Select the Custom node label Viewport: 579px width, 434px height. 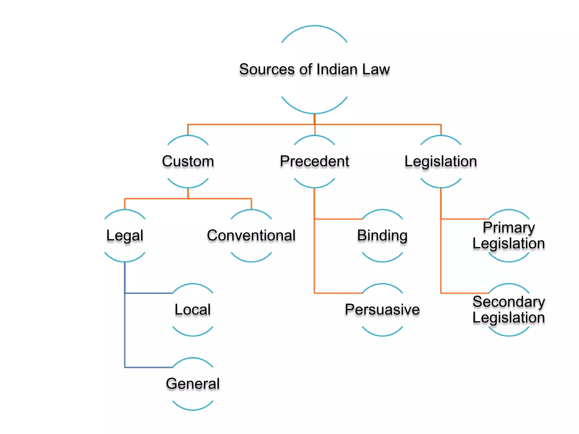188,161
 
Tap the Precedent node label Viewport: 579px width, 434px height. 314,161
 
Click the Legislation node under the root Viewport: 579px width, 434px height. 441,161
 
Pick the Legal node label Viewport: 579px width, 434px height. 125,235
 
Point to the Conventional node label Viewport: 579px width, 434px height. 251,235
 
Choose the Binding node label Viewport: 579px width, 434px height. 382,235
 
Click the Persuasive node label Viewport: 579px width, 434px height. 382,309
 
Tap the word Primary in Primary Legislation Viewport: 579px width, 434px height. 509,227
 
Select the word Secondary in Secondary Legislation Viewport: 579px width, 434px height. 509,301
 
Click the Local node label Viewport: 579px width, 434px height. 193,309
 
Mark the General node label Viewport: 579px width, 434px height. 193,384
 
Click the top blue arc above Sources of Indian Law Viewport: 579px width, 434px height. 314,26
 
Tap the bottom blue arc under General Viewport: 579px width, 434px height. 193,409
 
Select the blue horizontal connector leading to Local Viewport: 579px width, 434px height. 149,293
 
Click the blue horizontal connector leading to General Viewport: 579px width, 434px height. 149,367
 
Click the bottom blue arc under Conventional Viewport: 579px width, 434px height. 251,261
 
